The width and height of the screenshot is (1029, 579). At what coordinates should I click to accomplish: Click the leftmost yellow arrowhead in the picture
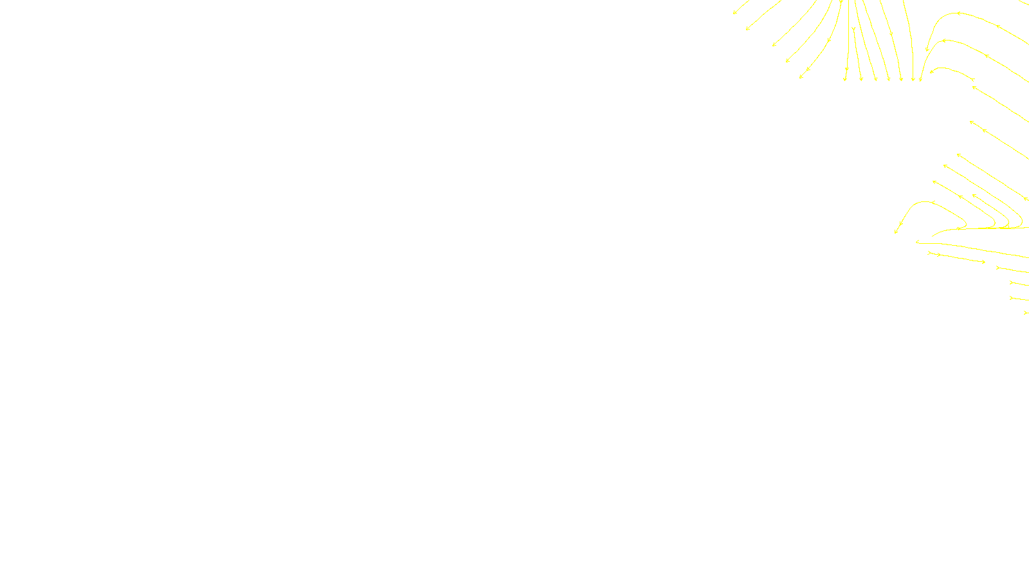point(734,12)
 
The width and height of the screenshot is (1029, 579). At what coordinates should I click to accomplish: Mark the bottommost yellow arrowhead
point(1026,313)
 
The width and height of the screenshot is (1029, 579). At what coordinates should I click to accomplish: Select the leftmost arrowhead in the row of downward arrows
point(845,79)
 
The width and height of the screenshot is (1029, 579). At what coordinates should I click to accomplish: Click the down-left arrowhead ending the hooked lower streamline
point(896,232)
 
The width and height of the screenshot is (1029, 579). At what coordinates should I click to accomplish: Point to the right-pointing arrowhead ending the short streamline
point(983,262)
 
